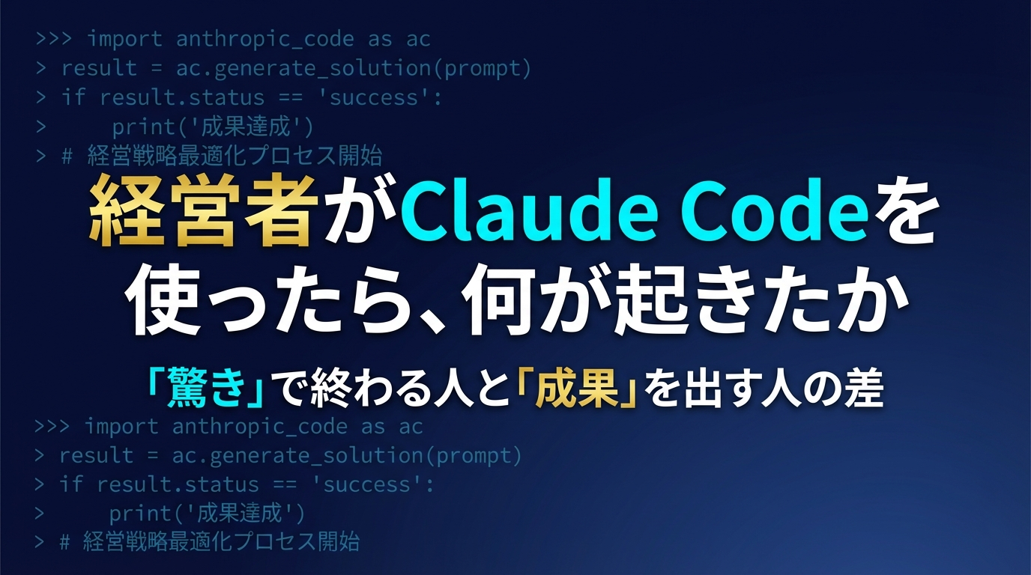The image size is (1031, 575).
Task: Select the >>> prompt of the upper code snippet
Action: click(55, 38)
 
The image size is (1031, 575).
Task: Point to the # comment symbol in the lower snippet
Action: click(65, 542)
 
